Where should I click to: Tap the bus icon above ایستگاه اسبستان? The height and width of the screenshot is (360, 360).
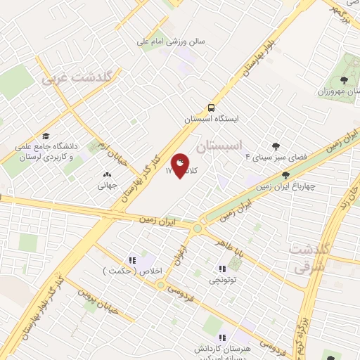211,108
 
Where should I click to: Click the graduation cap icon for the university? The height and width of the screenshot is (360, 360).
46,136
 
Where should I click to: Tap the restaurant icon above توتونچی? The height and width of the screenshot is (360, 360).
222,269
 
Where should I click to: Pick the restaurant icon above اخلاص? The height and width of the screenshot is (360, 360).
132,260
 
